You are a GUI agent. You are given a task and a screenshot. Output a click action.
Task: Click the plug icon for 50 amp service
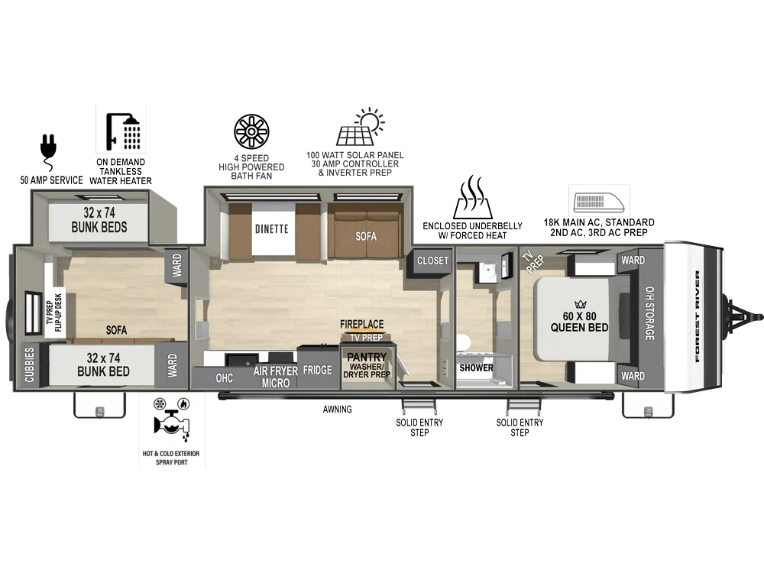tap(49, 152)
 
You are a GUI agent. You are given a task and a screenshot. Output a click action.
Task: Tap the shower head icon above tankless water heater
tap(124, 131)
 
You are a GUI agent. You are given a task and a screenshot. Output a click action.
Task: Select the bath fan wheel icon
tap(251, 131)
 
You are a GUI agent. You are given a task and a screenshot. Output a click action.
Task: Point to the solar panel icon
tap(360, 127)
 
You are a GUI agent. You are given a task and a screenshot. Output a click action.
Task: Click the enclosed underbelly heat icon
tap(471, 197)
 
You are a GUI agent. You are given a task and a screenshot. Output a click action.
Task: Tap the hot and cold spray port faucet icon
tap(171, 419)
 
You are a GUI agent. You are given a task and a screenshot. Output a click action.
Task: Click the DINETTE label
tap(272, 229)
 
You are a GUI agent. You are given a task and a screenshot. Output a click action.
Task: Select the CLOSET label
tap(432, 261)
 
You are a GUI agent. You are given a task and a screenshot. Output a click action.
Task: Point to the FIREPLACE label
tap(361, 324)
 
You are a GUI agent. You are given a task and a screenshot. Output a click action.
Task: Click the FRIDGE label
tap(317, 371)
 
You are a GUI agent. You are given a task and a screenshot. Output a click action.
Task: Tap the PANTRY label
tap(367, 358)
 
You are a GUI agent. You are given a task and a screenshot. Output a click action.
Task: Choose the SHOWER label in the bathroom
tap(476, 368)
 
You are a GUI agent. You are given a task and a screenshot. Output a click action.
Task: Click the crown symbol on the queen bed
tap(580, 305)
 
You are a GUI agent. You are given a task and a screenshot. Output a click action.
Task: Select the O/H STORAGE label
tap(649, 312)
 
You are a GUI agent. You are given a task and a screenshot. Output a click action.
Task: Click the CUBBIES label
tap(30, 364)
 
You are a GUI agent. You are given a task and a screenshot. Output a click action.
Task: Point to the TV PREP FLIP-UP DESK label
tap(53, 312)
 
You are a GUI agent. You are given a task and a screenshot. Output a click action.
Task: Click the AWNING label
tap(337, 410)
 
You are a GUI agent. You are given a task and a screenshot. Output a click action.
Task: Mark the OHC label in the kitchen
tap(224, 378)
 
